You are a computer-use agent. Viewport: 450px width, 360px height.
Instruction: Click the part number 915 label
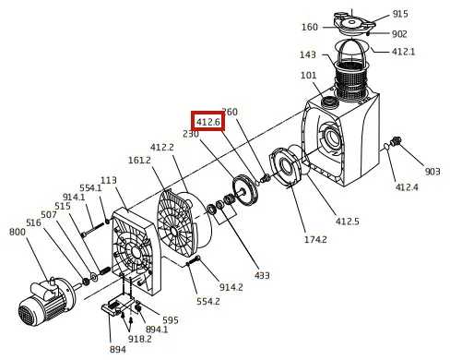(400, 14)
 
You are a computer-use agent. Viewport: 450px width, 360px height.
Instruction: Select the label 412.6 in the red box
(208, 122)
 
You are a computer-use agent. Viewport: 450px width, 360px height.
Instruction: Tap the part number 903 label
(432, 172)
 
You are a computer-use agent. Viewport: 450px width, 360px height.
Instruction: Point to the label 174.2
(315, 239)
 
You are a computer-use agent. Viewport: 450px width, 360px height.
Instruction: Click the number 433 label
(262, 275)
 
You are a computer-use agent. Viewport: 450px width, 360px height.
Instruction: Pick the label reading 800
(18, 232)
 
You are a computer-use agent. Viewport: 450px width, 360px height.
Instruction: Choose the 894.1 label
(157, 330)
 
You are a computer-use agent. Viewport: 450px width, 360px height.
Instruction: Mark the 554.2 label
(208, 301)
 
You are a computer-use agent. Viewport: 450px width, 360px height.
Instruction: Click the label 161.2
(139, 160)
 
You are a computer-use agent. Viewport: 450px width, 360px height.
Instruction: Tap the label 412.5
(347, 222)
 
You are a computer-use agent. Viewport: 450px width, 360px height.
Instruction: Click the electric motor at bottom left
(46, 302)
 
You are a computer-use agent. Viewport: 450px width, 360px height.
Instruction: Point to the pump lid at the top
(354, 22)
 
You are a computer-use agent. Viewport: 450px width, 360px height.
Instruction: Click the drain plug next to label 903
(395, 141)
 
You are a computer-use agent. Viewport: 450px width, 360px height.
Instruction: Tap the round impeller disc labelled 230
(245, 190)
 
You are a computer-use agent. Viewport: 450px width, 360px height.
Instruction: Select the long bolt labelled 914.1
(92, 230)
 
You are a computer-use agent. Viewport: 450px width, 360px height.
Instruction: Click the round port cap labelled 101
(329, 101)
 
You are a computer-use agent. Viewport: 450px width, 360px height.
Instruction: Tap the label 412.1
(403, 52)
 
